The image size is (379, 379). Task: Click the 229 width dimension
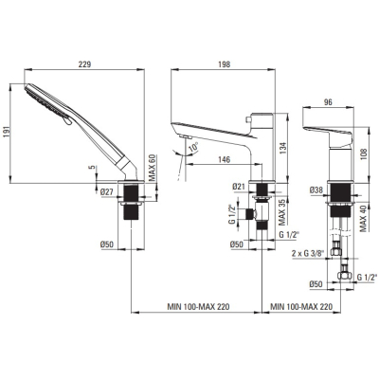pos(84,64)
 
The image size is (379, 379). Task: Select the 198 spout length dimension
pos(224,64)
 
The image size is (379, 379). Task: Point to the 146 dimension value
pos(224,159)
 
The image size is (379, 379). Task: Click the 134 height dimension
pos(282,148)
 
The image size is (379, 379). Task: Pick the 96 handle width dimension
pos(329,102)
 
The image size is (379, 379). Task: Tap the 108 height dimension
pos(365,154)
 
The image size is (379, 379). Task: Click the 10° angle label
pos(193,148)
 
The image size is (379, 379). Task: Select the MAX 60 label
pos(153,168)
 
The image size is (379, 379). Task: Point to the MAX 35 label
pos(282,212)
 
